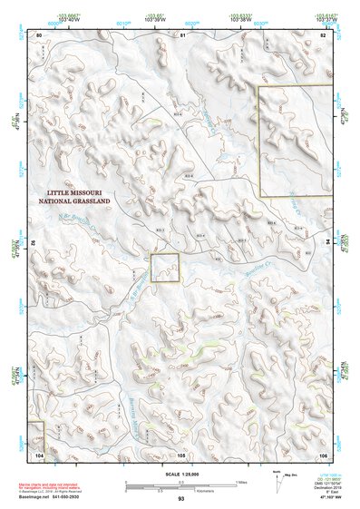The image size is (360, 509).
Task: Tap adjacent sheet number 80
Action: pyautogui.click(x=40, y=34)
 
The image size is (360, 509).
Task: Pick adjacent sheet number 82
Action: pyautogui.click(x=323, y=34)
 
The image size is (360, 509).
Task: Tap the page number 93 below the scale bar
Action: pyautogui.click(x=181, y=499)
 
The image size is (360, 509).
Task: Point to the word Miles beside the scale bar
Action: pyautogui.click(x=241, y=482)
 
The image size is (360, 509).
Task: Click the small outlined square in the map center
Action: pyautogui.click(x=165, y=268)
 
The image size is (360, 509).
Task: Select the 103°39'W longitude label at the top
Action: pyautogui.click(x=155, y=19)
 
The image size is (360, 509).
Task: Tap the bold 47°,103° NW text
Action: pyautogui.click(x=332, y=499)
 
